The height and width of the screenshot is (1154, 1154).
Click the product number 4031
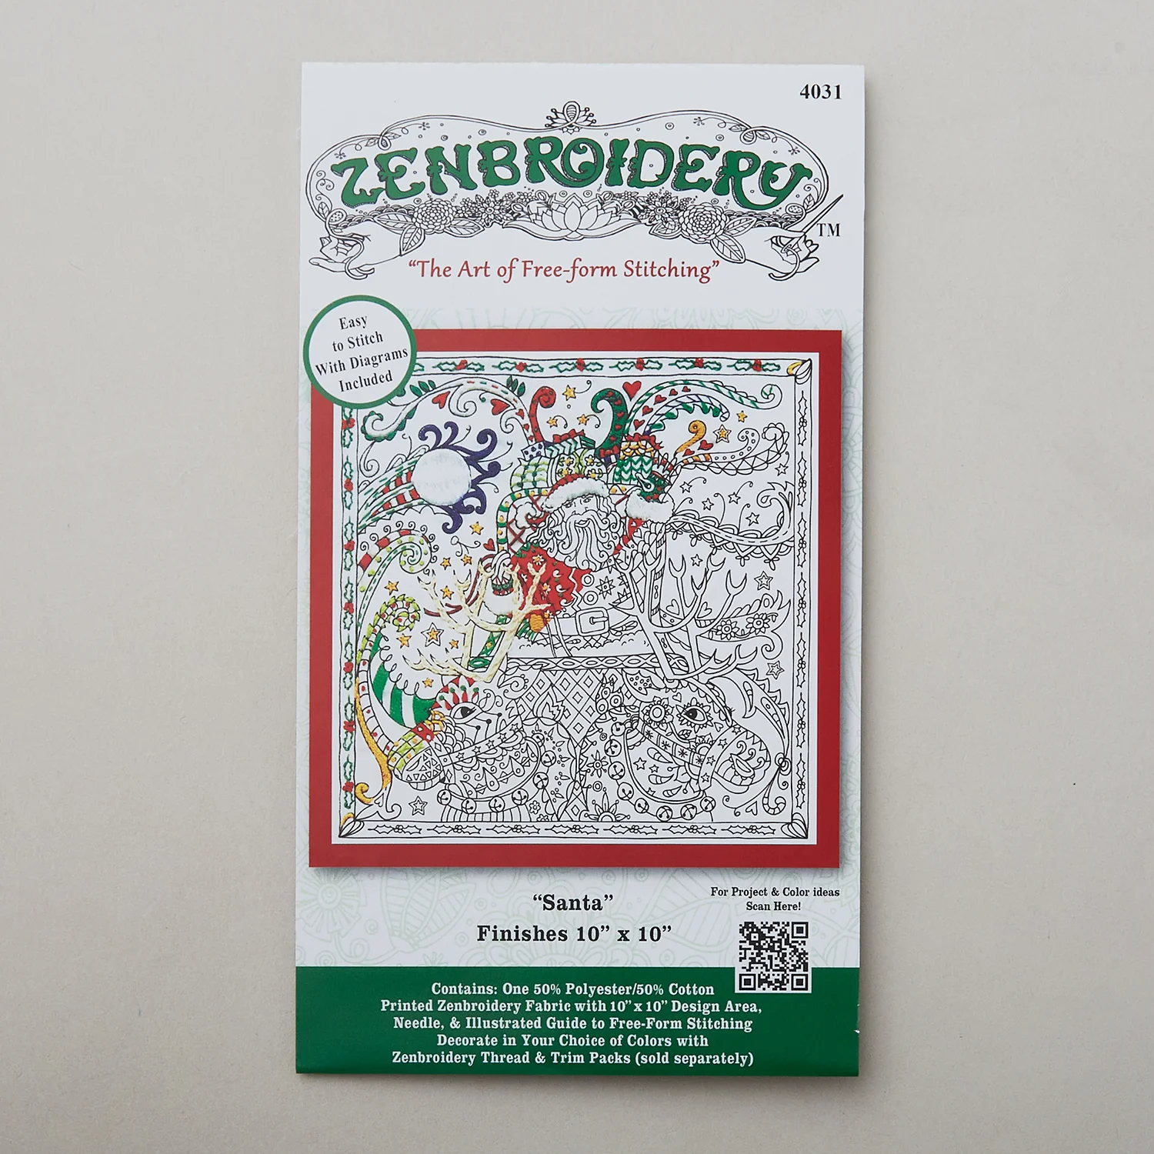(821, 92)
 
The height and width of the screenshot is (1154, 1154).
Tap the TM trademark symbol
(829, 230)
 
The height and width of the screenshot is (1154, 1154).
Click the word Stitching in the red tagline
(666, 270)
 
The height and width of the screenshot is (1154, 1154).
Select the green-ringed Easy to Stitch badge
(359, 352)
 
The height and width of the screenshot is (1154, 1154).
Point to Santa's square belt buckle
(595, 619)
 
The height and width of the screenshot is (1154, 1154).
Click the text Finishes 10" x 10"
(574, 933)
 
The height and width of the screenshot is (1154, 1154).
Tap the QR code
(774, 956)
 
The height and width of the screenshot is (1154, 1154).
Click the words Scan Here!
(773, 906)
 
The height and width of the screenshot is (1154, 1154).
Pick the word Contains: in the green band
(464, 989)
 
